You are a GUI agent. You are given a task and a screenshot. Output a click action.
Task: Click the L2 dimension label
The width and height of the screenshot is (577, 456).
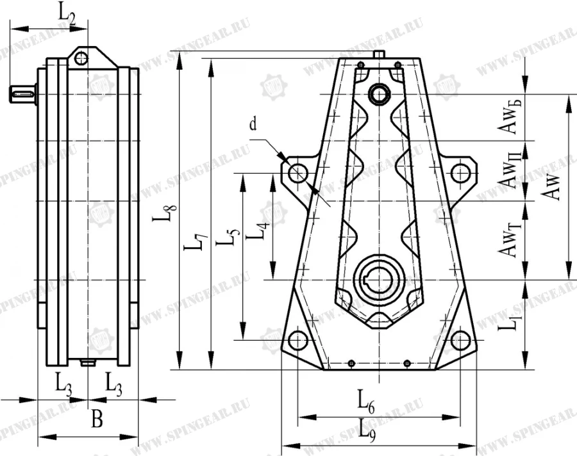[67, 13]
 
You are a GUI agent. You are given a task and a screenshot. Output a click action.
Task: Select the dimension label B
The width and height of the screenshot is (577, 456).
[96, 420]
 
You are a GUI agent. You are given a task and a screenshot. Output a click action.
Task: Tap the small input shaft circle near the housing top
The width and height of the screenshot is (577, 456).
[379, 94]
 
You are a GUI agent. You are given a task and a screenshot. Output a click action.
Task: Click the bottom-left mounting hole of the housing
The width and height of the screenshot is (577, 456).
[297, 340]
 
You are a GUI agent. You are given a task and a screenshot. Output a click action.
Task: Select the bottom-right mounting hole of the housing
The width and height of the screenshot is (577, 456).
[460, 340]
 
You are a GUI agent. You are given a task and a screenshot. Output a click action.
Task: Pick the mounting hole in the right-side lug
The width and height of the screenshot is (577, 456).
[460, 173]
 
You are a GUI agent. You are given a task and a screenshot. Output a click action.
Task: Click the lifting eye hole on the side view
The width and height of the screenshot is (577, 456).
[81, 58]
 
